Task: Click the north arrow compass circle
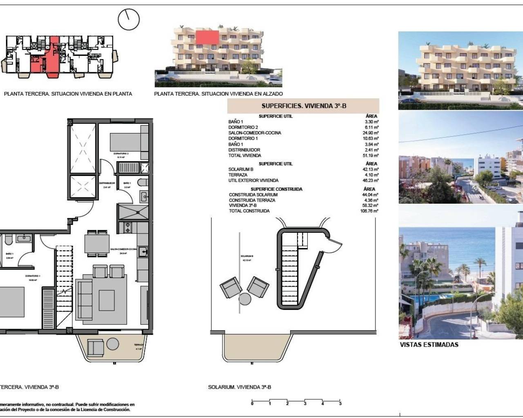pyautogui.click(x=129, y=19)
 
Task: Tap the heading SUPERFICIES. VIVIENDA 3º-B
pyautogui.click(x=304, y=106)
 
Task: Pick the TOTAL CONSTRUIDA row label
pyautogui.click(x=249, y=211)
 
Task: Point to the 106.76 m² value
pyautogui.click(x=369, y=211)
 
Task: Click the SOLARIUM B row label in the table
pyautogui.click(x=241, y=169)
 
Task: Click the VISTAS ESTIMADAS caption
pyautogui.click(x=429, y=345)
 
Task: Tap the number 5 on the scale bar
pyautogui.click(x=340, y=404)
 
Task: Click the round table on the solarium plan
pyautogui.click(x=245, y=299)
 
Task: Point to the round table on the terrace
pyautogui.click(x=113, y=345)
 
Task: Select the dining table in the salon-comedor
pyautogui.click(x=97, y=244)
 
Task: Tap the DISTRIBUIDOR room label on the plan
pyautogui.click(x=107, y=183)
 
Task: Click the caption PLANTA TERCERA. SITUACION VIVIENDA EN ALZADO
pyautogui.click(x=218, y=94)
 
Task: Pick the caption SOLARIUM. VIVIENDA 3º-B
pyautogui.click(x=239, y=387)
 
